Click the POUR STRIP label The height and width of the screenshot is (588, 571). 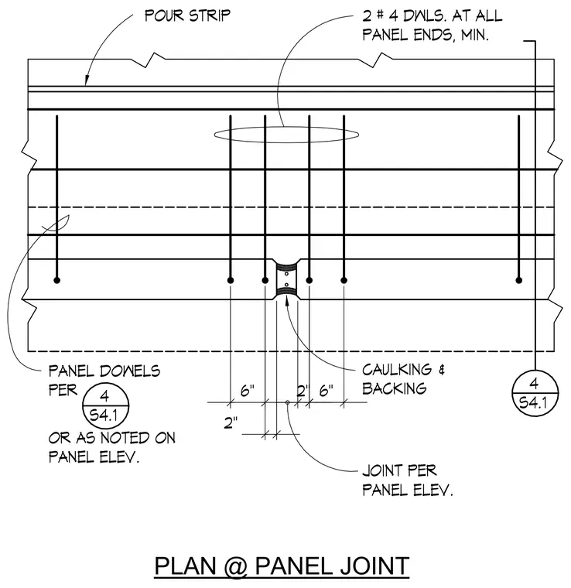[x=187, y=15]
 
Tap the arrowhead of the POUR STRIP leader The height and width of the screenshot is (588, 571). [x=87, y=80]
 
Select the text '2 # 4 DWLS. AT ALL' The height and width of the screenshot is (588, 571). [x=432, y=16]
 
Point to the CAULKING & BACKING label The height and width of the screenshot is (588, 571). [x=403, y=379]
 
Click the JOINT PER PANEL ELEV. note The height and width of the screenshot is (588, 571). [x=408, y=480]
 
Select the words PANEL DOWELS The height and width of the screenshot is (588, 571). [x=104, y=371]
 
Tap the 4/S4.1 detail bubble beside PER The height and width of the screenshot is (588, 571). [x=106, y=405]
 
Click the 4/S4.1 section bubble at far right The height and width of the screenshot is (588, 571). [x=535, y=393]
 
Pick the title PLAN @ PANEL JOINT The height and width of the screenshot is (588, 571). [x=282, y=566]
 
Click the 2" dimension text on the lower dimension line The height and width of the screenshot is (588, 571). [x=231, y=423]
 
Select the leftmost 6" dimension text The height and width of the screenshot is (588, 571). [x=247, y=391]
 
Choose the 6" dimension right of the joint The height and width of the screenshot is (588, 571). [x=326, y=391]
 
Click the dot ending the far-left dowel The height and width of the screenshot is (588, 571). [x=57, y=280]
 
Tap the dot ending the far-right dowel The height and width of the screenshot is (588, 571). [x=519, y=280]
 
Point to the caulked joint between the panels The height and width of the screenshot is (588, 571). [x=286, y=279]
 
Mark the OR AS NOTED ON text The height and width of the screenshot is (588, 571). [x=111, y=438]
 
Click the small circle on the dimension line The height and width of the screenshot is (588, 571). [x=288, y=402]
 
